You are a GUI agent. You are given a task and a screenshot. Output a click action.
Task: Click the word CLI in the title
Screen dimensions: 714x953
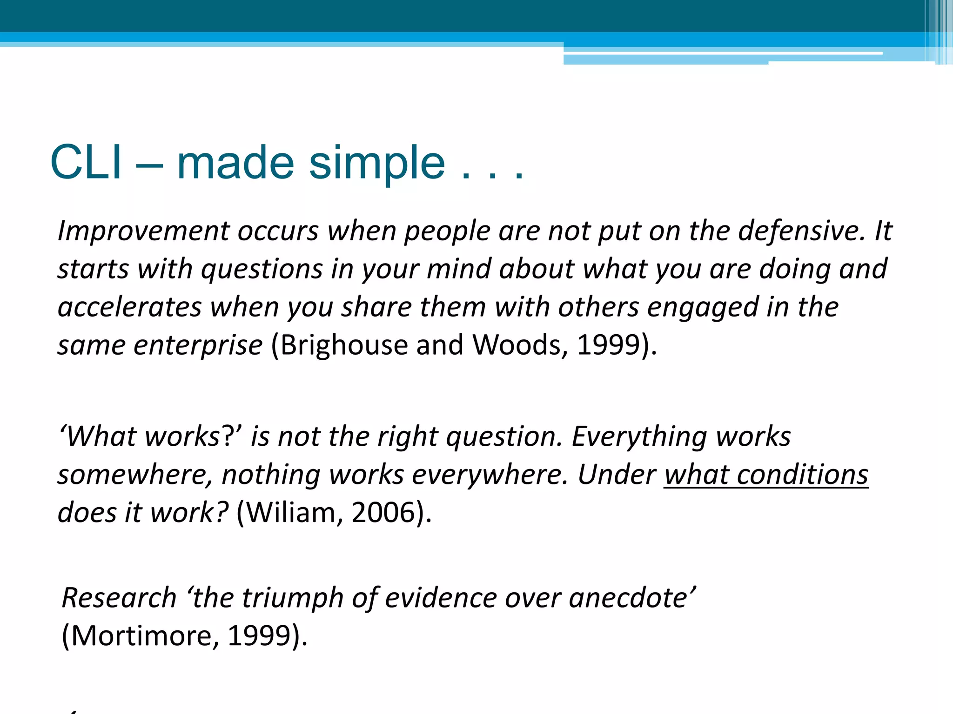pos(86,162)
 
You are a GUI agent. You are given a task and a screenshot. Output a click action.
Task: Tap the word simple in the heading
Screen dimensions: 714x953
pos(377,164)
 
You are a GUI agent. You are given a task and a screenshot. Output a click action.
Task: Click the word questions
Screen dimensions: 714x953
pos(262,270)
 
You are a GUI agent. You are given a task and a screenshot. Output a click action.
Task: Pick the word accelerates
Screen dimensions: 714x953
pos(130,307)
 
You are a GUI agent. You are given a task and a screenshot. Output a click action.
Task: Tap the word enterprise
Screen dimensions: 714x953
pos(198,346)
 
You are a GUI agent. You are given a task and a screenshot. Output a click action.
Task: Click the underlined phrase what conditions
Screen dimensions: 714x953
pos(766,475)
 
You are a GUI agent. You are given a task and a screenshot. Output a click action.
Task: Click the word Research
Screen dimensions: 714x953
pos(119,598)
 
